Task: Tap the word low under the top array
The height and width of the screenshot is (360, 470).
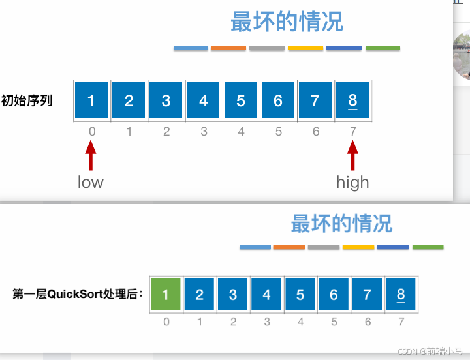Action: pos(91,182)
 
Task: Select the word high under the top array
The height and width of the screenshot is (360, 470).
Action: pos(352,182)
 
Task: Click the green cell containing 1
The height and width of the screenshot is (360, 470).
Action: pos(166,295)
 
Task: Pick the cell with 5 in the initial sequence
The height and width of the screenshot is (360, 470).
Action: pos(241,100)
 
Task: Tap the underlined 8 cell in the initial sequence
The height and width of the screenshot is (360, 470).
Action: pos(353,100)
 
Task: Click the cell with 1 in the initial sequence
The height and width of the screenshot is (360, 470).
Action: pos(91,100)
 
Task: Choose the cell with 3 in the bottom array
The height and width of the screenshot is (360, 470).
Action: pos(233,295)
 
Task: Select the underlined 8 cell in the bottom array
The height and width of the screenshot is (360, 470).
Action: pos(401,295)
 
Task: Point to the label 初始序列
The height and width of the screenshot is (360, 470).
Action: pos(27,100)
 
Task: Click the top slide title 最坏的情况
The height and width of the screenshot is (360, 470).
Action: pos(287,22)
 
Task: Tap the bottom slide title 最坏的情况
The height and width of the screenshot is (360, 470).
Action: pos(341,224)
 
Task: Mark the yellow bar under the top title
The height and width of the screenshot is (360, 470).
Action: pos(305,48)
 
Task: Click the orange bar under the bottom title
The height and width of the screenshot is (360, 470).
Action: pos(289,248)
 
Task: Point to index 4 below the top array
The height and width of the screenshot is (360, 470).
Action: pos(241,132)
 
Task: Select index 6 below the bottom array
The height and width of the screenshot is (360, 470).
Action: pos(368,322)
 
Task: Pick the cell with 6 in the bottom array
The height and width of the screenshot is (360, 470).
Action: pos(334,295)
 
